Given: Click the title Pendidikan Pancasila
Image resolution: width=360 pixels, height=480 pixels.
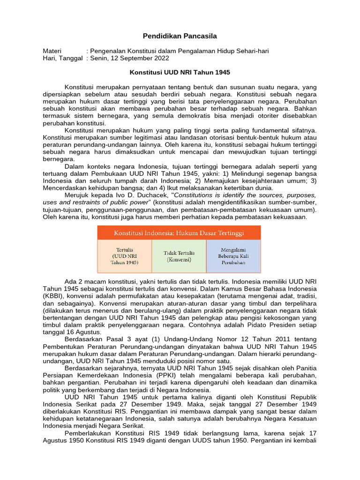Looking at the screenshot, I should [180, 36].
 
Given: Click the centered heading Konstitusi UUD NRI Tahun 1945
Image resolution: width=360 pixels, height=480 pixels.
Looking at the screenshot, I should [180, 73].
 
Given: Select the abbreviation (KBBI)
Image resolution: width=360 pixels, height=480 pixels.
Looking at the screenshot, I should [52, 296].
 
